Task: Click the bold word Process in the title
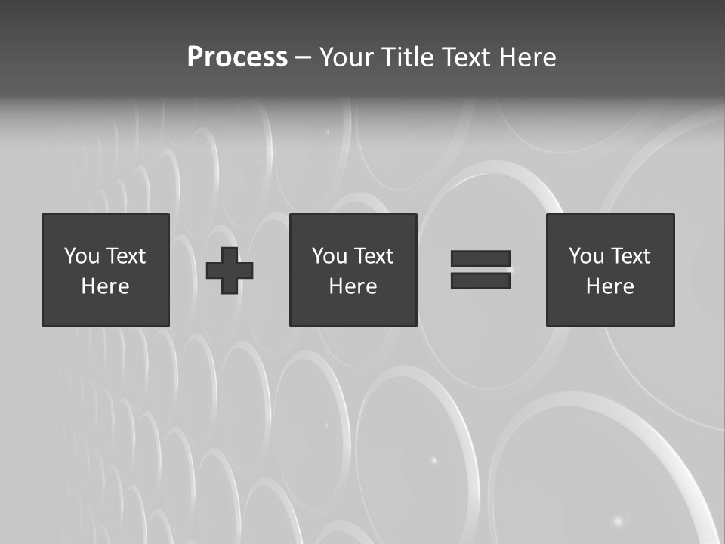tap(237, 57)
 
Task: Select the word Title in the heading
tap(409, 57)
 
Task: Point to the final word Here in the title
tap(529, 57)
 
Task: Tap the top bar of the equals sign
tap(480, 258)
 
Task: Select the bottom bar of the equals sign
tap(480, 280)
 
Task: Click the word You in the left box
tap(82, 256)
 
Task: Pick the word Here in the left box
tap(105, 286)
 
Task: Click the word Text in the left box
tap(125, 256)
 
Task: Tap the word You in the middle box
tap(329, 256)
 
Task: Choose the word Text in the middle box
tap(373, 256)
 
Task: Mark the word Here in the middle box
tap(353, 286)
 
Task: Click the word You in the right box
tap(586, 256)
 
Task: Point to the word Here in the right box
tap(609, 286)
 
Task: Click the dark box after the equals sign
tap(610, 310)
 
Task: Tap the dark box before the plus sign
tap(105, 310)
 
